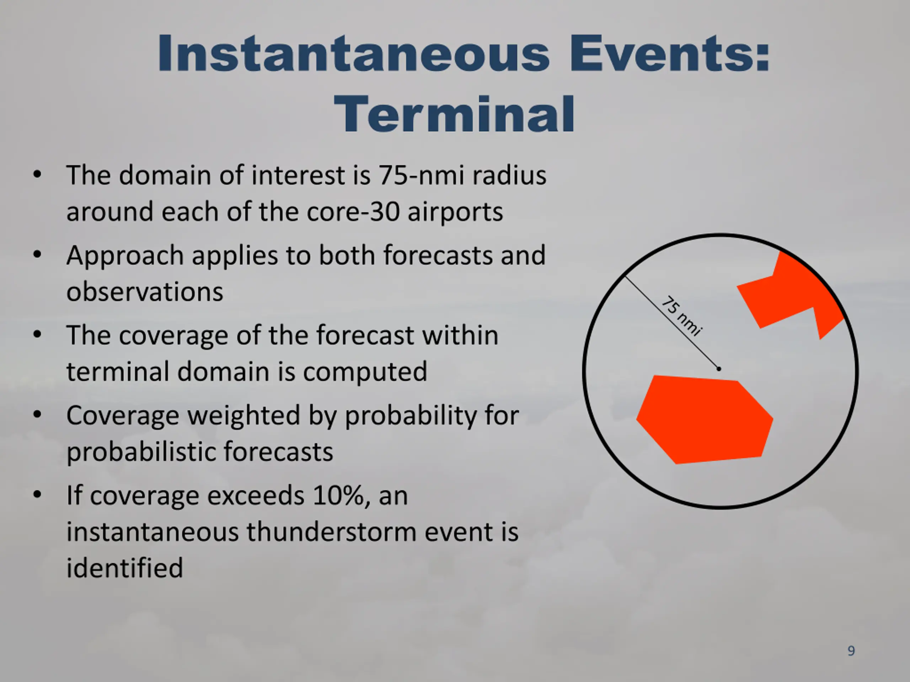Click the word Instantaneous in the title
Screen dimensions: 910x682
pos(353,54)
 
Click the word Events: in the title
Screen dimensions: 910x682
pos(670,54)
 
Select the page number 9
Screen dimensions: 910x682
pos(852,650)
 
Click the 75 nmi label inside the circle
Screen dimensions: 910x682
pos(681,316)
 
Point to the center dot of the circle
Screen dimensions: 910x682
pos(719,369)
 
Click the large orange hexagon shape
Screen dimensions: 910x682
pos(705,419)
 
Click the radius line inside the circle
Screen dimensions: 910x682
pos(672,322)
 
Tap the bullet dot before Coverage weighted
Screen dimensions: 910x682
pos(37,415)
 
